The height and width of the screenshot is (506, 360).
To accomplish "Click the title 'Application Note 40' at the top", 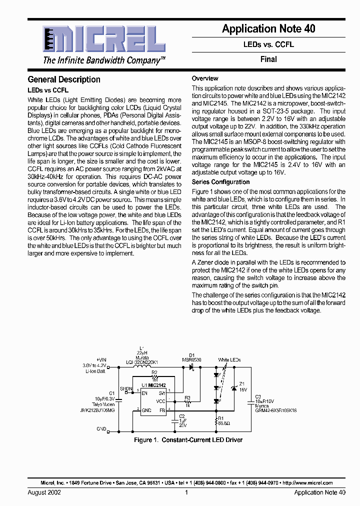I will pyautogui.click(x=268, y=29).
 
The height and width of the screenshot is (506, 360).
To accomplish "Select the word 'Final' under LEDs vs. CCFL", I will pyautogui.click(x=268, y=59).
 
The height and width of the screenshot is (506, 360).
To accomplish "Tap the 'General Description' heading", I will pyautogui.click(x=64, y=79).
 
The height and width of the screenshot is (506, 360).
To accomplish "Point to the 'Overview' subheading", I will pyautogui.click(x=205, y=78).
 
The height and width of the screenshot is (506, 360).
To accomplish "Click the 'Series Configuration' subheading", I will pyautogui.click(x=220, y=182).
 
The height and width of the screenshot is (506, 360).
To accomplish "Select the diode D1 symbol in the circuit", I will pyautogui.click(x=191, y=366).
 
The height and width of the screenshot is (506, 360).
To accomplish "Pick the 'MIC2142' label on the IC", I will pyautogui.click(x=156, y=385).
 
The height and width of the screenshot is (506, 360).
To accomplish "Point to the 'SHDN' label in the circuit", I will pyautogui.click(x=126, y=388).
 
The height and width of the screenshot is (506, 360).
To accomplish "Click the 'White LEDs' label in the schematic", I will pyautogui.click(x=229, y=360).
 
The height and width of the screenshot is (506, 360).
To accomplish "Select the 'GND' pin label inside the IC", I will pyautogui.click(x=147, y=410).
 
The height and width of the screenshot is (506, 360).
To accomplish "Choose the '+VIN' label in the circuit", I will pyautogui.click(x=101, y=360).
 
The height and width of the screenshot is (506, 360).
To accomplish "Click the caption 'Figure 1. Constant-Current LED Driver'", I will pyautogui.click(x=188, y=440).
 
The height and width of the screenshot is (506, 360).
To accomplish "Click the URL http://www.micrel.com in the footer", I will pyautogui.click(x=307, y=483).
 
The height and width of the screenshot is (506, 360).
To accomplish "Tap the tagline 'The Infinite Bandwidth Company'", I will pyautogui.click(x=103, y=61).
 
